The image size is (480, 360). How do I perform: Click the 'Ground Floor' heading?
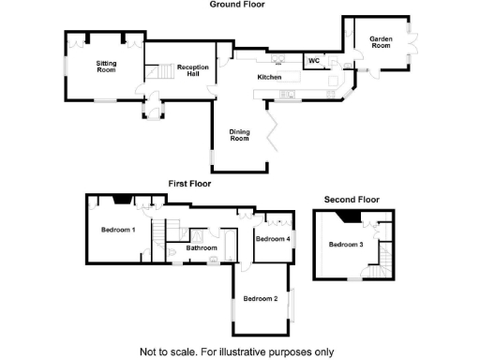tap(238, 5)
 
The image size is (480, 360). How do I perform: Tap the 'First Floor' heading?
tap(189, 184)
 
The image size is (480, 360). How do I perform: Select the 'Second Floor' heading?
tap(352, 200)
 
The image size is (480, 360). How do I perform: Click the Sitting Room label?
tap(106, 66)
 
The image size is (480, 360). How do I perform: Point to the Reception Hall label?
tap(192, 70)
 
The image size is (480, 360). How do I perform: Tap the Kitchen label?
tap(270, 77)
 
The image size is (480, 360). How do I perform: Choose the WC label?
tap(314, 61)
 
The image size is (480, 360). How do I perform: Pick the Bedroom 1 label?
tap(119, 230)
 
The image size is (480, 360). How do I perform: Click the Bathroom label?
tap(201, 248)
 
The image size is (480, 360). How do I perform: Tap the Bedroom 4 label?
tap(273, 239)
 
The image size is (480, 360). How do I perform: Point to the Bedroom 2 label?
tap(261, 299)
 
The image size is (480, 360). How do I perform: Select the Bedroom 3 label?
tap(346, 245)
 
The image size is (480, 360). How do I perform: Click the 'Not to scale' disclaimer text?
tap(236, 352)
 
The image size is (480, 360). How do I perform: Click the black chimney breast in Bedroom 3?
tap(348, 217)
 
